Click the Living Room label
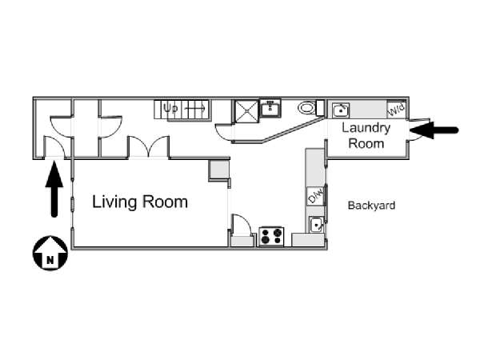(140, 202)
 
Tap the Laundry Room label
(366, 136)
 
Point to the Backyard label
(371, 205)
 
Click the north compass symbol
(50, 253)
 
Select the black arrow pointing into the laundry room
(434, 130)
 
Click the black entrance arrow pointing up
(54, 189)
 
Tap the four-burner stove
(271, 236)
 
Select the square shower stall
(246, 111)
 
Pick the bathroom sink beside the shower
(270, 107)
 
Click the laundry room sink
(341, 110)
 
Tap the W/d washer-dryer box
(397, 110)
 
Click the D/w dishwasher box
(315, 196)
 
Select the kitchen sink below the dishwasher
(316, 224)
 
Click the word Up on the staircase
(170, 108)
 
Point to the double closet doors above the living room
(149, 146)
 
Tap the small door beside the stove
(242, 224)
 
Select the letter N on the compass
(50, 260)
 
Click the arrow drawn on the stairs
(195, 108)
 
